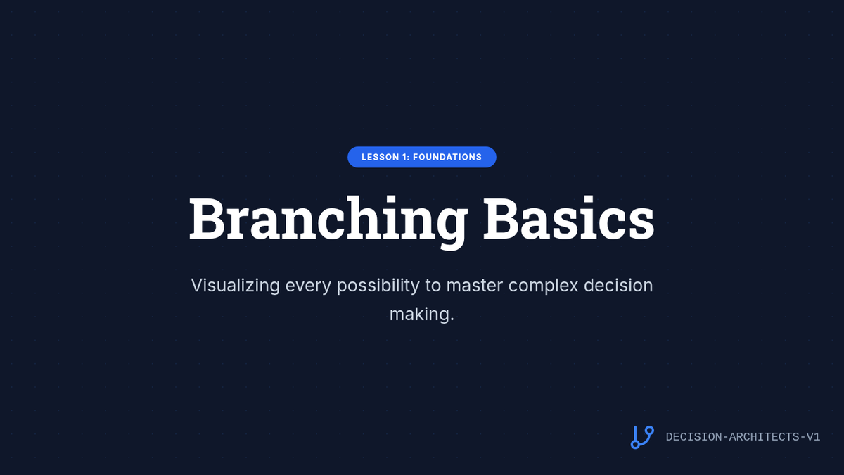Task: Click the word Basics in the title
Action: (x=569, y=218)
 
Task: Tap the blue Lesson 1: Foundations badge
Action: (x=421, y=157)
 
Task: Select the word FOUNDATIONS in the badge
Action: (x=447, y=157)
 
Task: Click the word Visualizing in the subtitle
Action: (x=235, y=286)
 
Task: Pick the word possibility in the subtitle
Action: (x=378, y=286)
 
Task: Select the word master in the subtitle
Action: (x=474, y=286)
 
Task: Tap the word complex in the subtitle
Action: (x=543, y=286)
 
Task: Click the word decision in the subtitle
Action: (x=618, y=285)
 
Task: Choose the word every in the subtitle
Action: (x=308, y=286)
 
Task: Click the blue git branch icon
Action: (x=642, y=437)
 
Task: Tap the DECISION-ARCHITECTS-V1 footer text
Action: (x=743, y=437)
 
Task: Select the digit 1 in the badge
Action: (x=405, y=157)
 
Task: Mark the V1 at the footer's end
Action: (x=813, y=437)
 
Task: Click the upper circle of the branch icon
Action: (x=649, y=431)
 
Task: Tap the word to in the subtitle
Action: (x=433, y=286)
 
